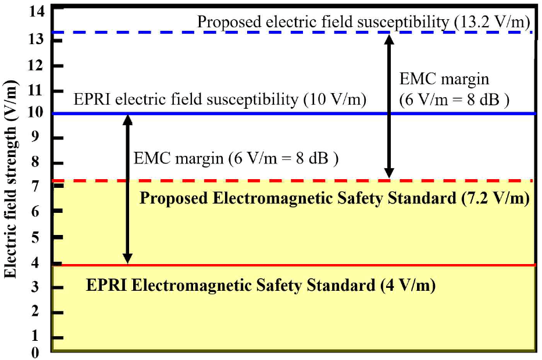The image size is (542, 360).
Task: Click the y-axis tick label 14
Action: tap(37, 11)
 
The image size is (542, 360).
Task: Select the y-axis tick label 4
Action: tap(41, 263)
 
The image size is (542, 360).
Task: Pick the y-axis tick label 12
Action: tap(37, 66)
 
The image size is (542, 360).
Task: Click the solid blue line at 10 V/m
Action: tap(233, 113)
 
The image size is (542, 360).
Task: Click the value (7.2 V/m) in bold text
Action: tap(494, 198)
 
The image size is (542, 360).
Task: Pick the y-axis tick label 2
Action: tap(41, 313)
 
